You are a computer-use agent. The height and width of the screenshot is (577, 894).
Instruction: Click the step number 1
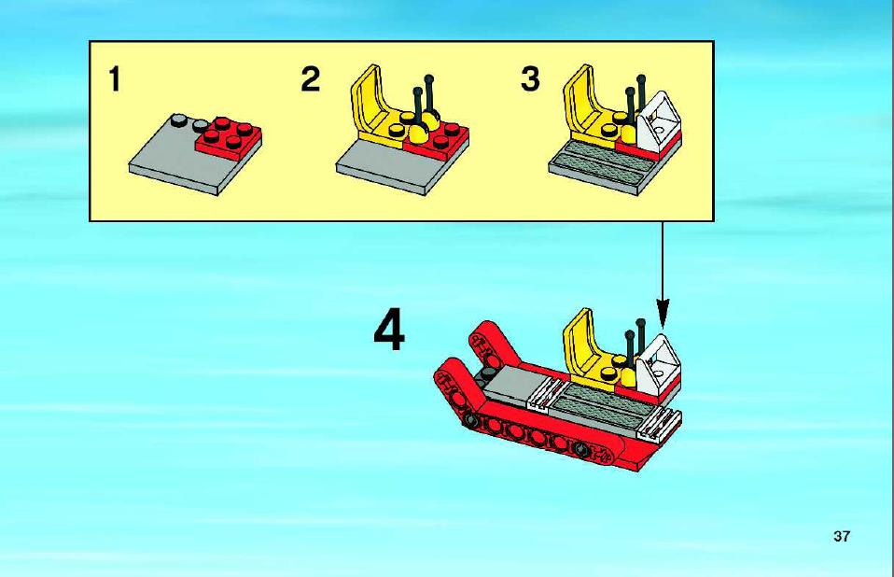tap(115, 78)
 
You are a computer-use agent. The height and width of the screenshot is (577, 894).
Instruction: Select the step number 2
tap(310, 78)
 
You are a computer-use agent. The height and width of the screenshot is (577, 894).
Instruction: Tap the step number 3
tap(530, 78)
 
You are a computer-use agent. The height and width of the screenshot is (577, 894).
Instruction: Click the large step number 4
tap(390, 330)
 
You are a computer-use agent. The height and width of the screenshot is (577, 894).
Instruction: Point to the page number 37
tap(842, 536)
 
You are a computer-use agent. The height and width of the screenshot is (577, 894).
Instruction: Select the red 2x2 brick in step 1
tap(228, 137)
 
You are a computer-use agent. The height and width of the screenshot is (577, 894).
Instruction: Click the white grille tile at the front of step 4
tap(661, 424)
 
